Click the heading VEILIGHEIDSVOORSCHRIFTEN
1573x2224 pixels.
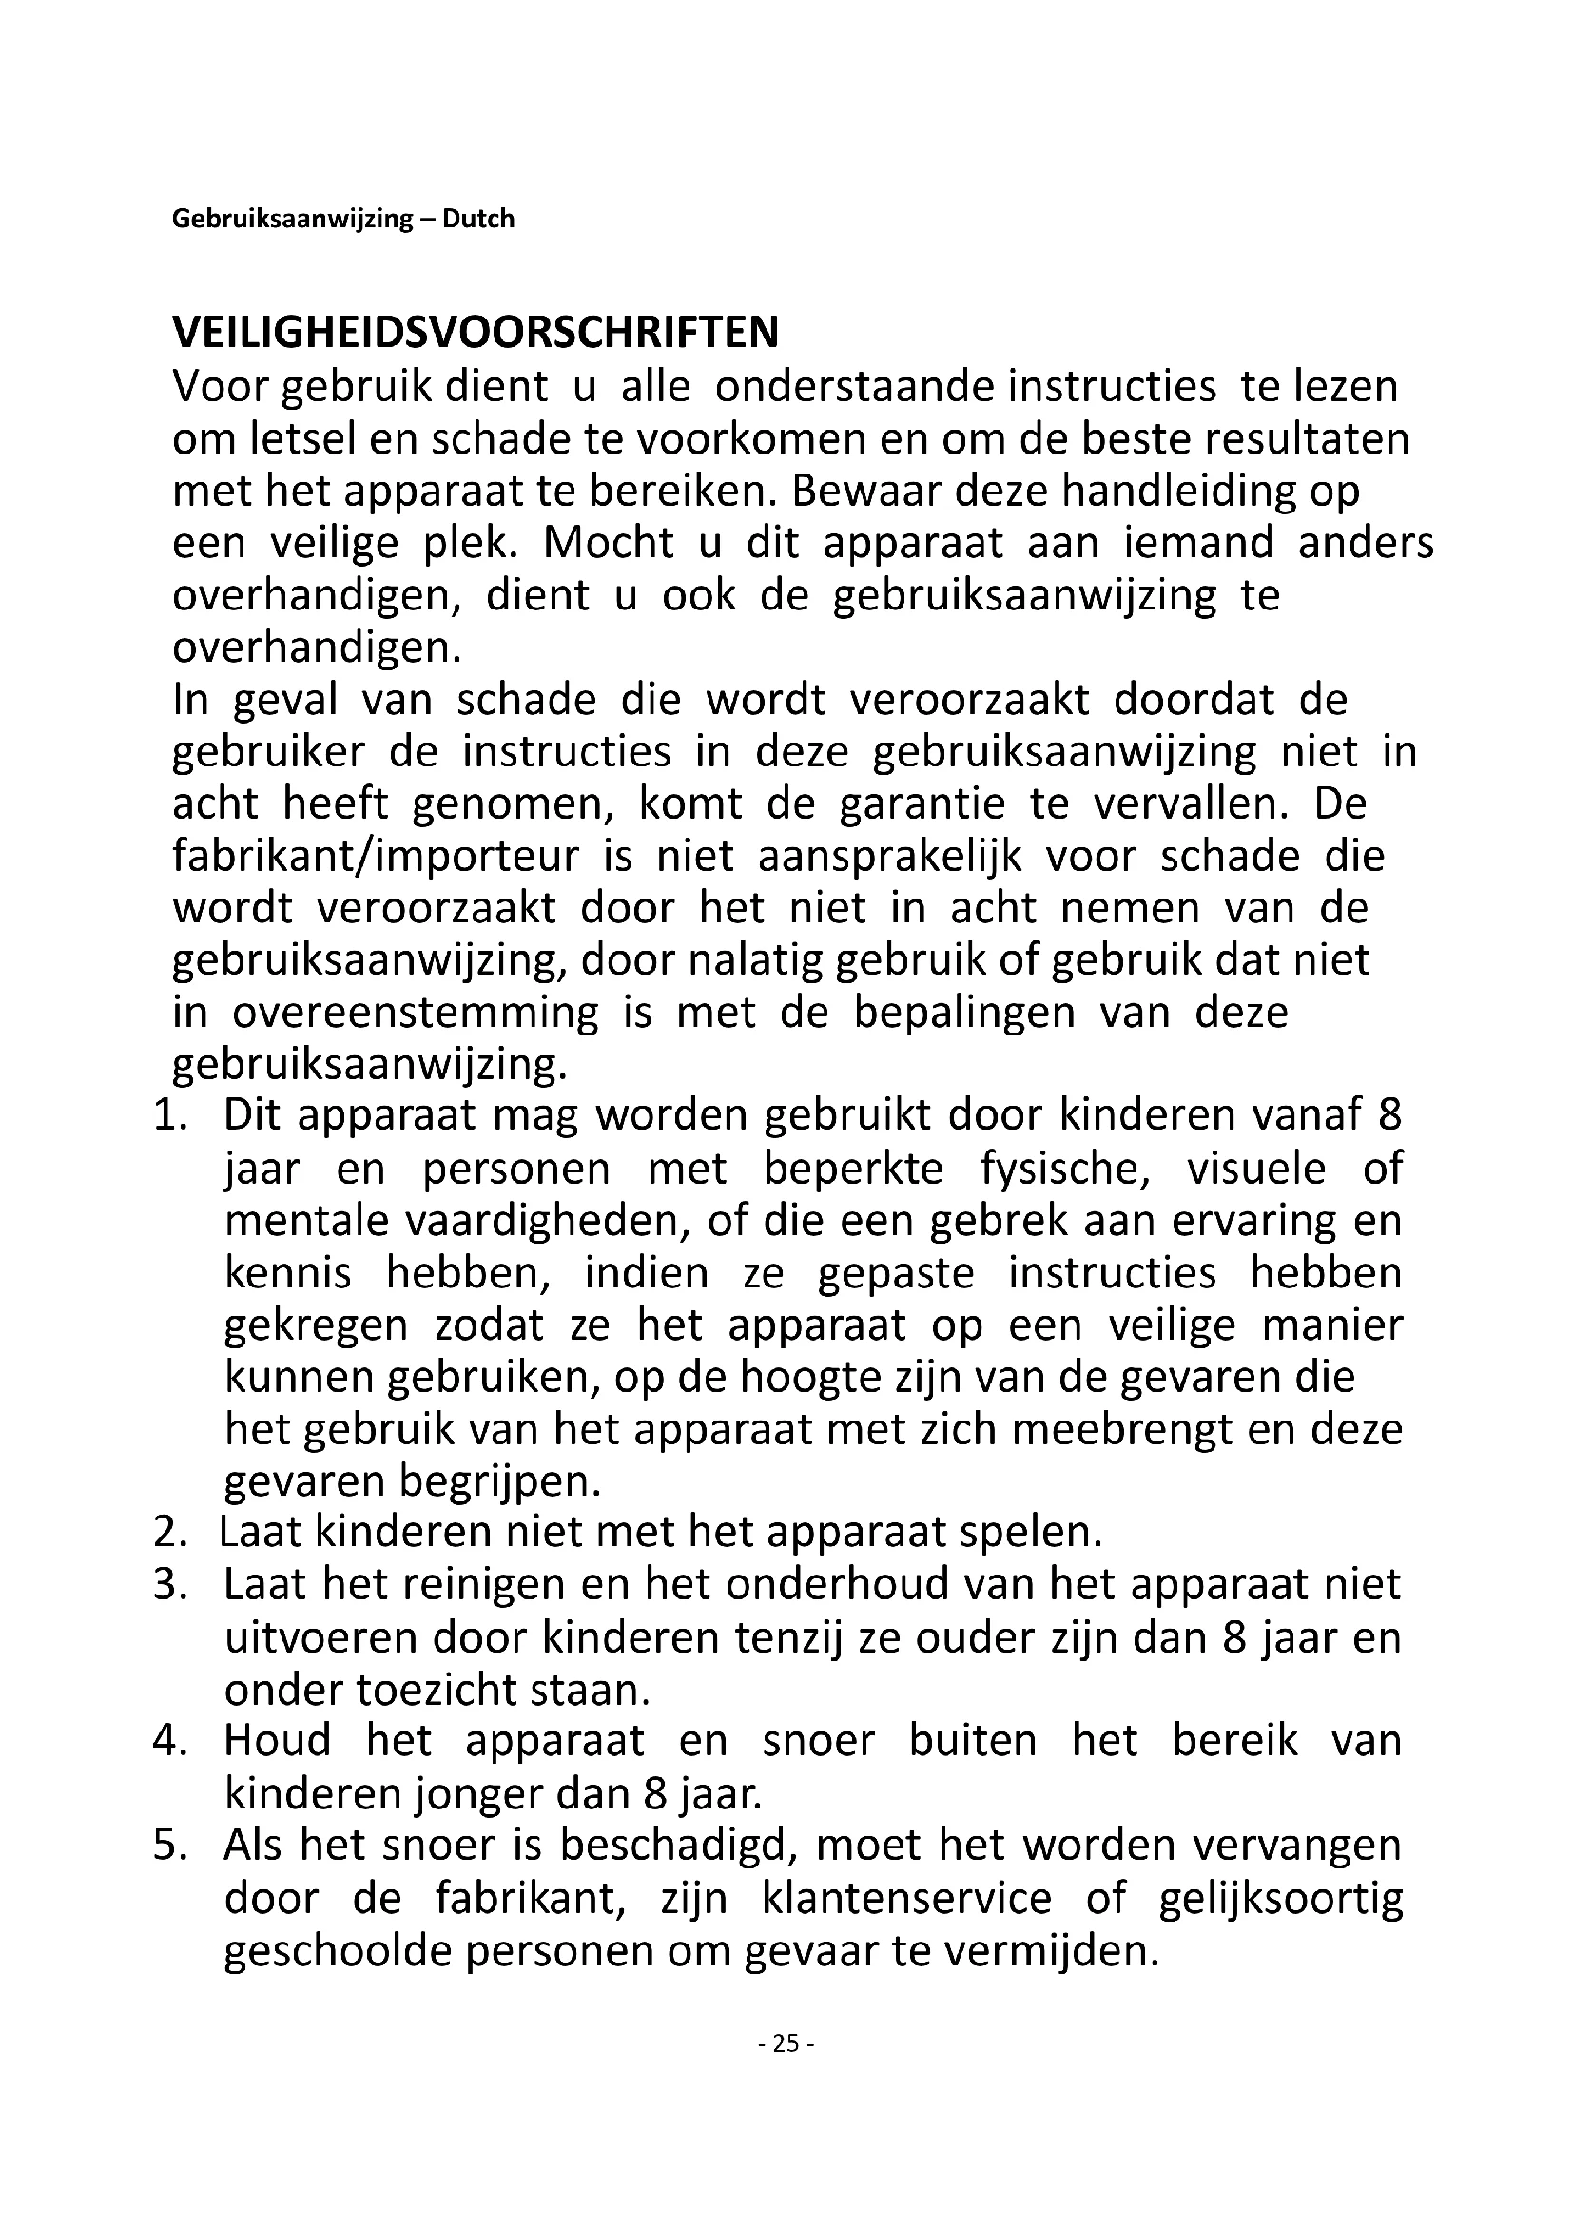tap(475, 333)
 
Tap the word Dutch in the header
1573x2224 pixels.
tap(478, 219)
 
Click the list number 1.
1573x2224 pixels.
tap(169, 1116)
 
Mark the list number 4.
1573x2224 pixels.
tap(169, 1741)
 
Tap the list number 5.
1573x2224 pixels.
tap(169, 1846)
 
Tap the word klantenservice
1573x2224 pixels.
tap(906, 1898)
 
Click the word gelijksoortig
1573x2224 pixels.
tap(1280, 1898)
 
